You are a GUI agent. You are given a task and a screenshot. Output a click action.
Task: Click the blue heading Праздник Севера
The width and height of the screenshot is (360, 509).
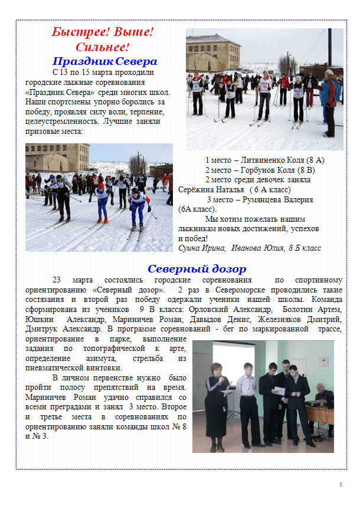pyautogui.click(x=104, y=61)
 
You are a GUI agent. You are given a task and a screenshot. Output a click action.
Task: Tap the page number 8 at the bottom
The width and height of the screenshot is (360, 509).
pyautogui.click(x=341, y=484)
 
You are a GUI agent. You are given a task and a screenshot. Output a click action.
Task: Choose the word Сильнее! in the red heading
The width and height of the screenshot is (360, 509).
pyautogui.click(x=102, y=47)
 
